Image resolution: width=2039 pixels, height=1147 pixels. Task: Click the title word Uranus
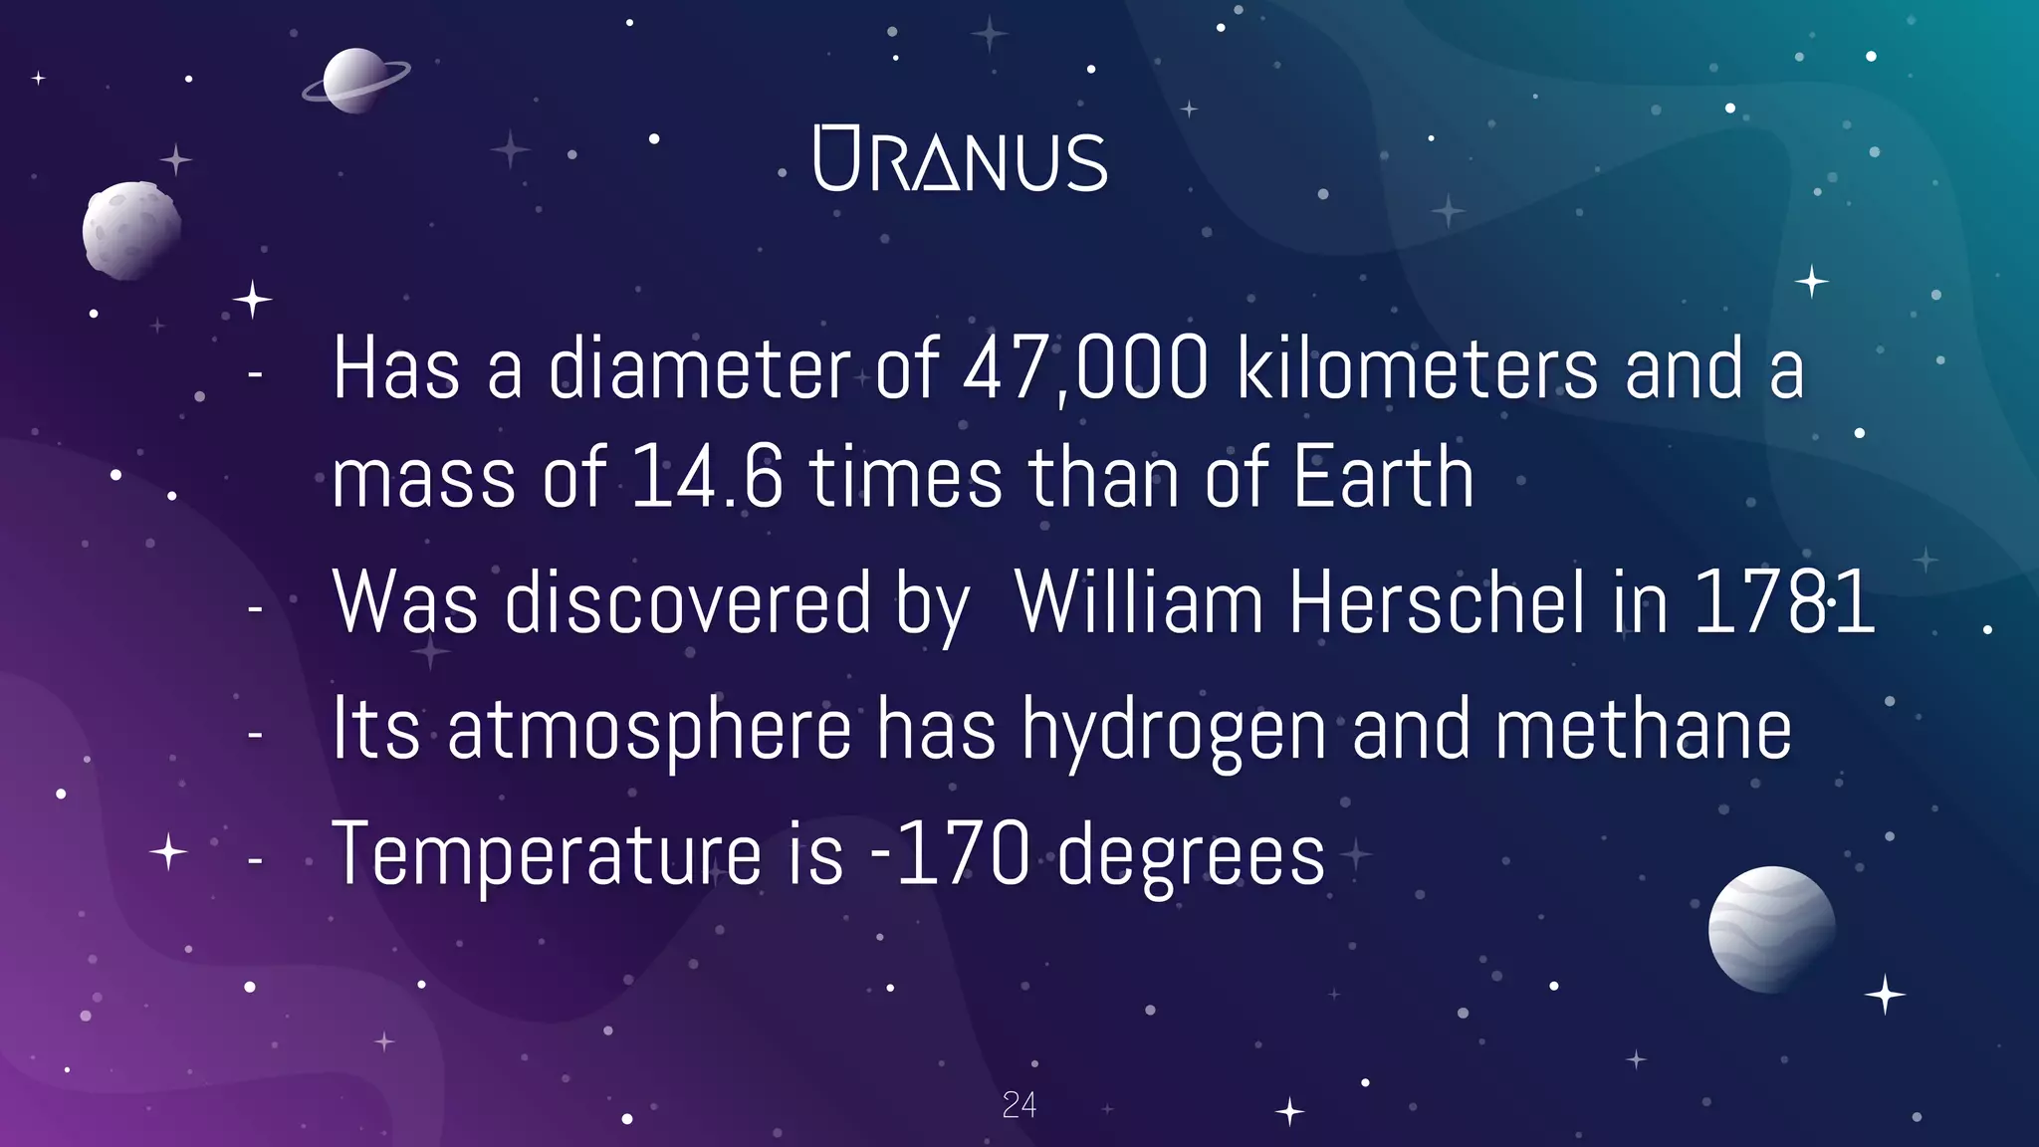click(960, 159)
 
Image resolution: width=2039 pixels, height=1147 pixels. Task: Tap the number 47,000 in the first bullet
click(1086, 369)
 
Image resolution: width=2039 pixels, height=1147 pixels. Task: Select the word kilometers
click(1418, 369)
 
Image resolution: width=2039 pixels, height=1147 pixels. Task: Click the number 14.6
click(707, 478)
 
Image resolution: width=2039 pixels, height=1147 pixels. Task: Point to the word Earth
click(1383, 478)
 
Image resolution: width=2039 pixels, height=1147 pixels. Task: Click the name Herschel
click(1437, 602)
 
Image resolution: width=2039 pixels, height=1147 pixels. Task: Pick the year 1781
click(1784, 602)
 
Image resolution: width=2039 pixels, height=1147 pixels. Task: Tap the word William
click(1139, 602)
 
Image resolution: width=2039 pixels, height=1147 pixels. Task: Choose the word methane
click(1643, 730)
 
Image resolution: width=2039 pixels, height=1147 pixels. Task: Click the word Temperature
click(547, 854)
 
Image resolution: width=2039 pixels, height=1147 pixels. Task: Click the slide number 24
click(1019, 1105)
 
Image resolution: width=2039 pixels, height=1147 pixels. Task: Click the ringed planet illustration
click(355, 81)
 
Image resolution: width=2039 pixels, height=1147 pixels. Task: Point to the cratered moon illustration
click(131, 230)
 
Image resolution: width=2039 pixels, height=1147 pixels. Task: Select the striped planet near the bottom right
click(1771, 929)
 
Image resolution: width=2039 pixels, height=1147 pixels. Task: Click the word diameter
click(699, 369)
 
